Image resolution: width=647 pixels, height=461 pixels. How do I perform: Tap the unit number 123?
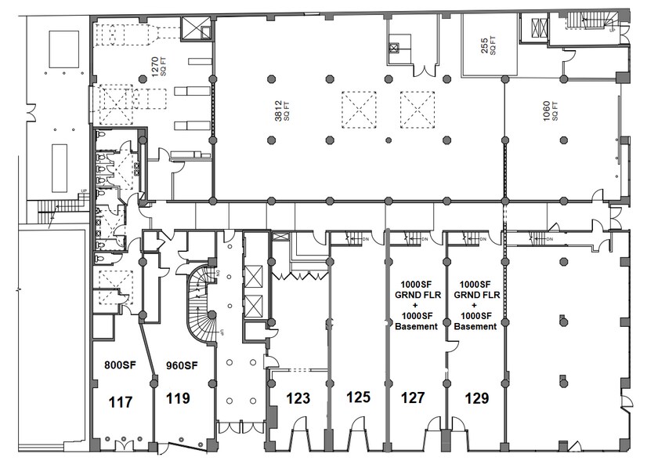(x=299, y=398)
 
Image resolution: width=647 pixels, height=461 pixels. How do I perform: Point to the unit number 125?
(x=357, y=398)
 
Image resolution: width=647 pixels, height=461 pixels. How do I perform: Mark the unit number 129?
(x=475, y=398)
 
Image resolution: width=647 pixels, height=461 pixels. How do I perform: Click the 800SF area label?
(x=120, y=365)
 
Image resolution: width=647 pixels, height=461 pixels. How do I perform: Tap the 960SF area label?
(x=180, y=365)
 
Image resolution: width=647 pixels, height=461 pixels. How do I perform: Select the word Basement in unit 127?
(x=416, y=326)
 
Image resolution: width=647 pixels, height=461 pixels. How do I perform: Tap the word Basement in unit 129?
(x=475, y=326)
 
